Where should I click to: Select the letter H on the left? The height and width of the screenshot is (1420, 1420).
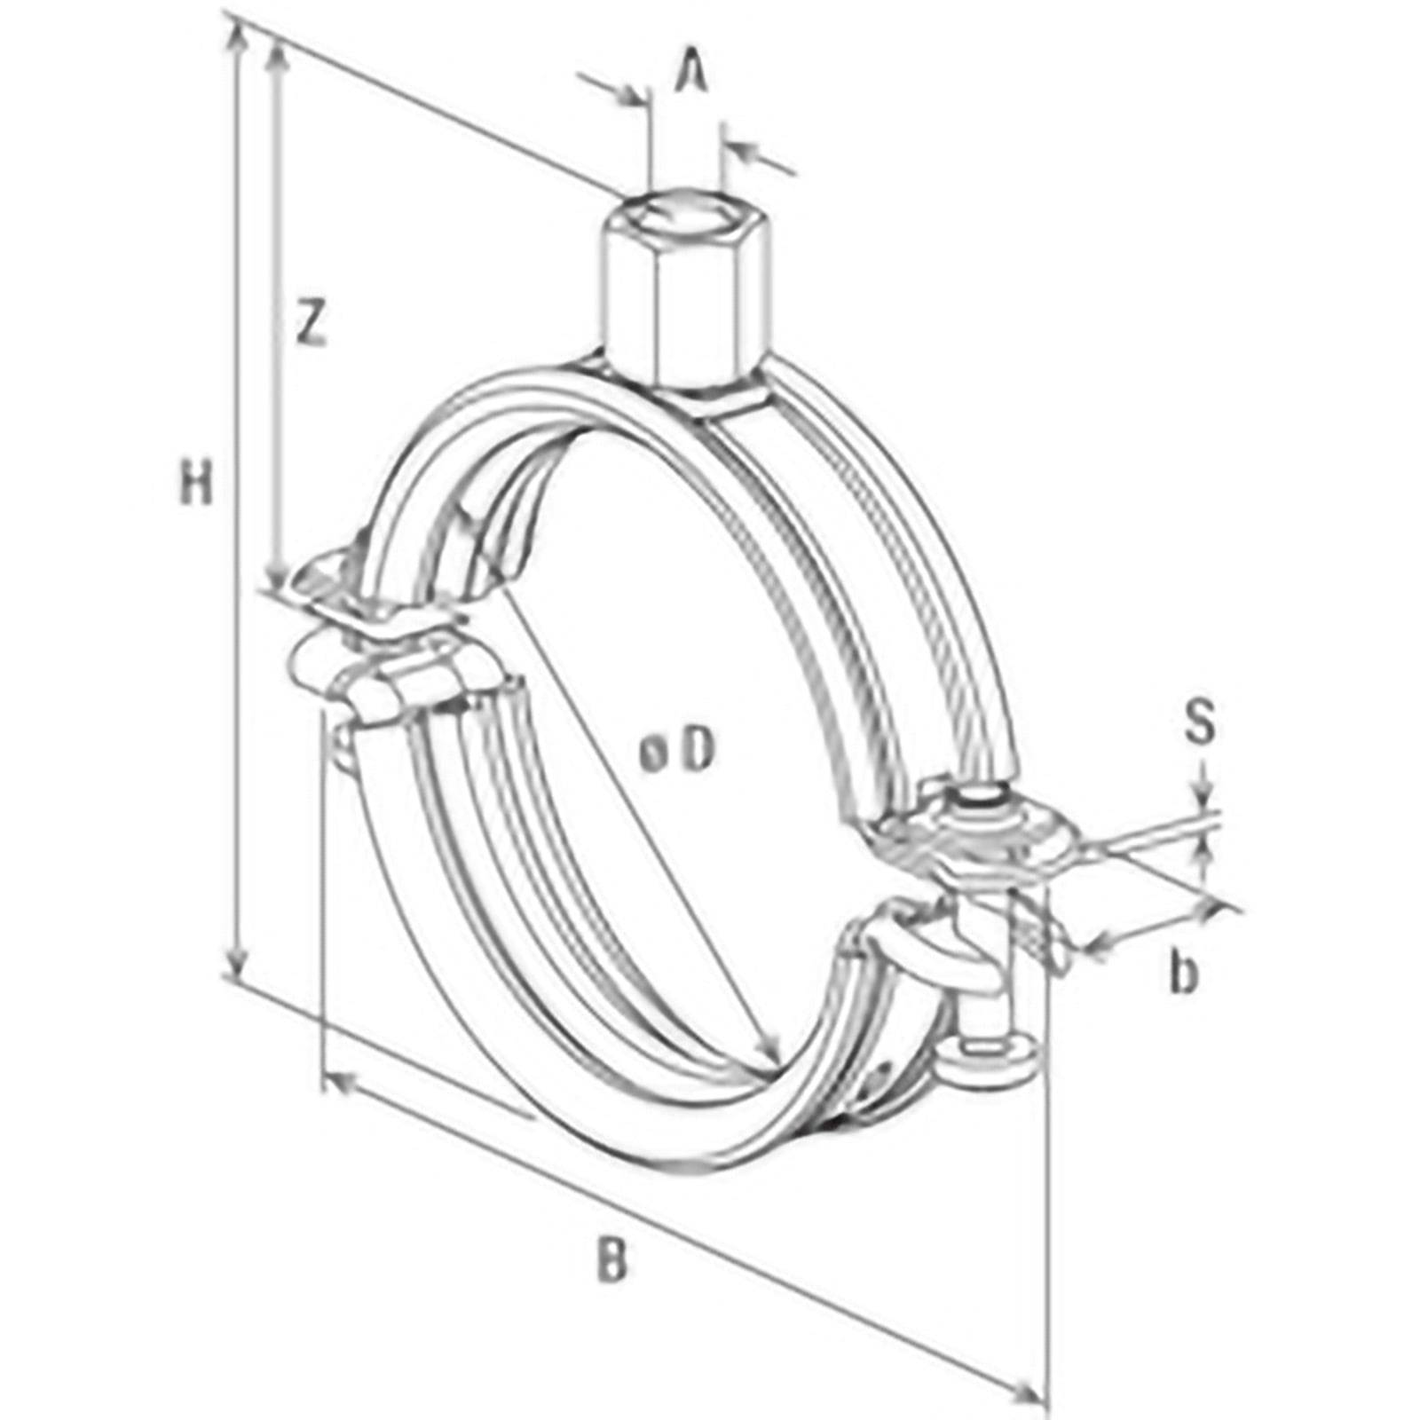pos(197,484)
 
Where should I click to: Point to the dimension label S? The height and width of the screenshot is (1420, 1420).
pos(1200,722)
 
